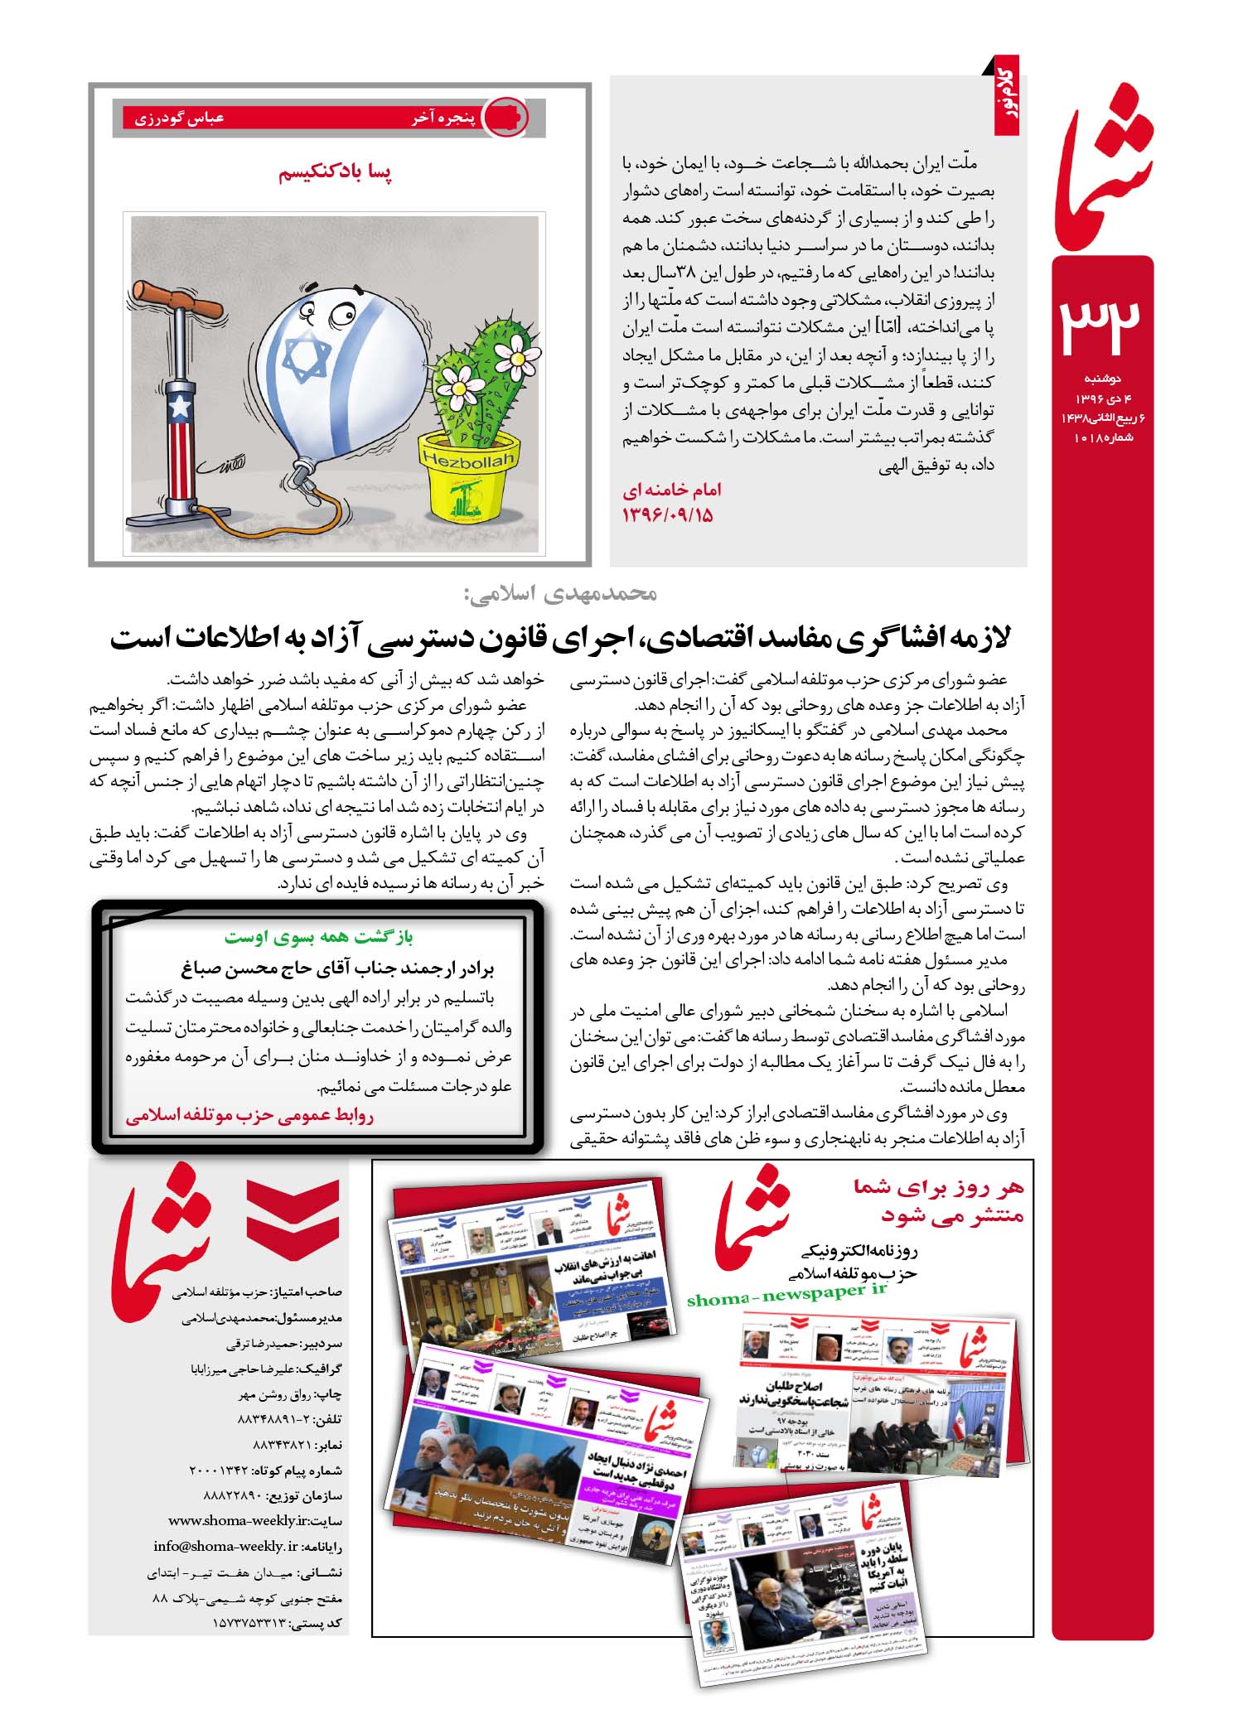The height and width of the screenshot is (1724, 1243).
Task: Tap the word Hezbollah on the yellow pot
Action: click(467, 459)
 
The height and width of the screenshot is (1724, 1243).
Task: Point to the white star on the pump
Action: click(178, 407)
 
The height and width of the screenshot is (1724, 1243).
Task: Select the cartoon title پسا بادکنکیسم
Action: click(336, 172)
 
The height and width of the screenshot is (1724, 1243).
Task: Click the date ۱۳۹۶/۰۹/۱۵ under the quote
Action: click(668, 515)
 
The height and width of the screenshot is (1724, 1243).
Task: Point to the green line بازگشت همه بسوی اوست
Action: click(318, 937)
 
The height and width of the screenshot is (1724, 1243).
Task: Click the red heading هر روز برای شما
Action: click(939, 1188)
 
